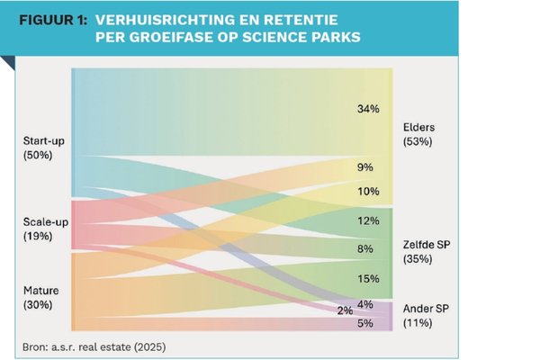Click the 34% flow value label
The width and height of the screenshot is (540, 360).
pyautogui.click(x=368, y=109)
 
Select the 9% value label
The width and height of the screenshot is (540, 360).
pyautogui.click(x=365, y=167)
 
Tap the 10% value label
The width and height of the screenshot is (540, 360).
pyautogui.click(x=368, y=191)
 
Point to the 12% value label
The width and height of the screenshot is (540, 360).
pyautogui.click(x=368, y=221)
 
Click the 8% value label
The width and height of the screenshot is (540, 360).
pyautogui.click(x=365, y=248)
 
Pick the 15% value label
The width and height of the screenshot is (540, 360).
pyautogui.click(x=368, y=279)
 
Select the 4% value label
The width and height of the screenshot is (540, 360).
pyautogui.click(x=365, y=304)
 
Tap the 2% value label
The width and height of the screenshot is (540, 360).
pyautogui.click(x=345, y=310)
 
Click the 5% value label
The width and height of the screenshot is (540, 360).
pyautogui.click(x=365, y=322)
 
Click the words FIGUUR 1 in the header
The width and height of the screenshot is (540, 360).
pyautogui.click(x=49, y=18)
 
